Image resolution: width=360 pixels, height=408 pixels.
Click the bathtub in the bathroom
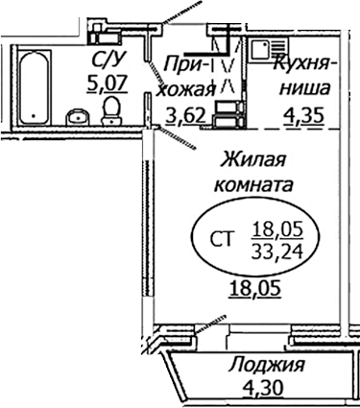(x=30, y=86)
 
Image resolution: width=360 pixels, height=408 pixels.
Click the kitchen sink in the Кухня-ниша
(x=265, y=50)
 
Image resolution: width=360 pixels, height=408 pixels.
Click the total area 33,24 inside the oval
(x=276, y=252)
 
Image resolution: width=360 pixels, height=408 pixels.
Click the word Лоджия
(x=267, y=365)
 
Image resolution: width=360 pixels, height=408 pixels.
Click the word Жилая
(x=253, y=158)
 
